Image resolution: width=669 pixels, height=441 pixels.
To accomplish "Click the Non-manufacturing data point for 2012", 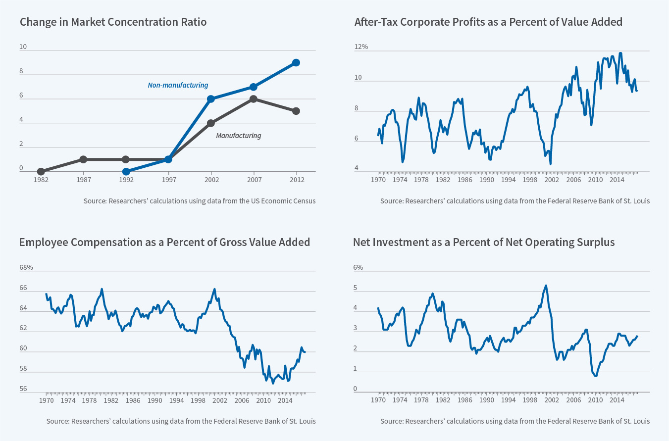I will pyautogui.click(x=296, y=62).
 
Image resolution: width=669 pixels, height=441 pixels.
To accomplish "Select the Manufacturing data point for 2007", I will pyautogui.click(x=254, y=99).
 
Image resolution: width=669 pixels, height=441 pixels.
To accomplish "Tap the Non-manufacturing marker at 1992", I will pyautogui.click(x=126, y=172).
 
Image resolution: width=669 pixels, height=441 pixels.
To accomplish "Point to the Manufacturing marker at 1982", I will pyautogui.click(x=41, y=172).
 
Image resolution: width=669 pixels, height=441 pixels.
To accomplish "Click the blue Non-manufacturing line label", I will pyautogui.click(x=178, y=85).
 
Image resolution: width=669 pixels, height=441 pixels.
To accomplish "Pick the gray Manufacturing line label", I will pyautogui.click(x=238, y=136).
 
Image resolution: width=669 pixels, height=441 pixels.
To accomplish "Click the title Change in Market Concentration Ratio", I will pyautogui.click(x=113, y=22).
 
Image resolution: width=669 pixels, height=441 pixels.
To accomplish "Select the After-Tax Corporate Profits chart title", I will pyautogui.click(x=488, y=22).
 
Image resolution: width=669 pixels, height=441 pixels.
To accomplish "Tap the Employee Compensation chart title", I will pyautogui.click(x=164, y=242).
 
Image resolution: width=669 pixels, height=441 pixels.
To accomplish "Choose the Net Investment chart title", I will pyautogui.click(x=484, y=242).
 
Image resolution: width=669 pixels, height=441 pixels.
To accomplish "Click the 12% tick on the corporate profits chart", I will pyautogui.click(x=361, y=47).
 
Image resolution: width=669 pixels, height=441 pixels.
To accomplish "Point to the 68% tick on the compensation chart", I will pyautogui.click(x=26, y=267).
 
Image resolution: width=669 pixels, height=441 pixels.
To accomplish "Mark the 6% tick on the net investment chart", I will pyautogui.click(x=358, y=267).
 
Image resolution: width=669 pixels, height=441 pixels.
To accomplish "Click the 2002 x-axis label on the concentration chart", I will pyautogui.click(x=211, y=180).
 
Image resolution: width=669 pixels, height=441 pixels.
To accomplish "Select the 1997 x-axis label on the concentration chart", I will pyautogui.click(x=169, y=180).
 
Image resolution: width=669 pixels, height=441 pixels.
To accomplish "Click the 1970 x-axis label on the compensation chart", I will pyautogui.click(x=47, y=400).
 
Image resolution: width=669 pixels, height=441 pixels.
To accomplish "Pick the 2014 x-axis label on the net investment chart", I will pyautogui.click(x=617, y=400).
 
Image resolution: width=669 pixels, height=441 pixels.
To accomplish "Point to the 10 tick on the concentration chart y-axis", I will pyautogui.click(x=23, y=47).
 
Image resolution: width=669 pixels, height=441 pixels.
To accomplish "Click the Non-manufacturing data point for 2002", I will pyautogui.click(x=211, y=99).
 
